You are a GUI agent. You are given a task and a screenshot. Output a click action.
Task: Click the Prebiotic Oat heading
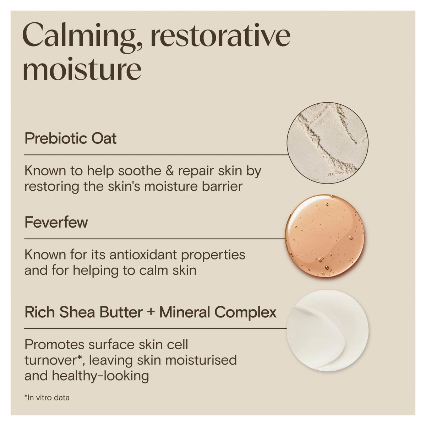[71, 138]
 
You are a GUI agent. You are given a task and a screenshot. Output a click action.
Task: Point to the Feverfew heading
[56, 222]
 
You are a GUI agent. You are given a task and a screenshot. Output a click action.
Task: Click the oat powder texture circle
[327, 143]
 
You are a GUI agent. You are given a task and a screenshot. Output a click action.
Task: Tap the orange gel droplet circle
[325, 235]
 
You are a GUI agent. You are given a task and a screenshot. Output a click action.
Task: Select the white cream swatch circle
[327, 331]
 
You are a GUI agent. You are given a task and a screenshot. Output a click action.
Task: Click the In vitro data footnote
[47, 398]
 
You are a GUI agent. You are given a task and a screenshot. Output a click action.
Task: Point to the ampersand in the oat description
[170, 171]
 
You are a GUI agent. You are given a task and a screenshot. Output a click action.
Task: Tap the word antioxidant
[143, 255]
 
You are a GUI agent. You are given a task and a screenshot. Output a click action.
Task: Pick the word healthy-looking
[100, 376]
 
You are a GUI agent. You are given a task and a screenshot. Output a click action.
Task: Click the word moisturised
[201, 360]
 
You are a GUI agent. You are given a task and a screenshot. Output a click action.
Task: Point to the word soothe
[140, 171]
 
